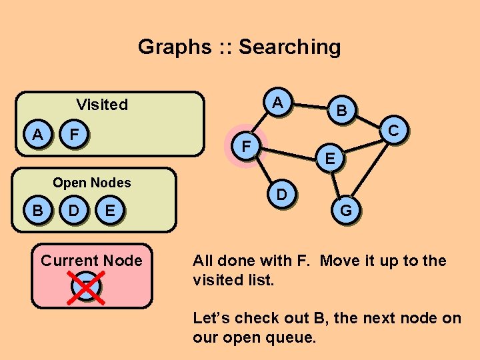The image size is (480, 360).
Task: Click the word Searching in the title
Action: tap(289, 47)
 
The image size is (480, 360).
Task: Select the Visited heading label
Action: tap(102, 104)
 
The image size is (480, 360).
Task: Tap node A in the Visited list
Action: tap(38, 135)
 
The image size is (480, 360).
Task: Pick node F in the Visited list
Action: tap(75, 135)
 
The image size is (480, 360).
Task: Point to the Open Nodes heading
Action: tap(92, 183)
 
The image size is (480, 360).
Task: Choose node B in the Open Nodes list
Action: tap(38, 211)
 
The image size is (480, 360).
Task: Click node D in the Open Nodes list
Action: tap(75, 211)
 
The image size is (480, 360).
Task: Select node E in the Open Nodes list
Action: tap(111, 211)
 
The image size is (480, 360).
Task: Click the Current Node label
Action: tap(92, 261)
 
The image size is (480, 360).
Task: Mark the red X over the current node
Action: tap(87, 286)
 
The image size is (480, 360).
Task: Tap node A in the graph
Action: tap(279, 103)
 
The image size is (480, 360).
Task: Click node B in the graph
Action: tap(341, 111)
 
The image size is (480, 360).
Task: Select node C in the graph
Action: tap(394, 131)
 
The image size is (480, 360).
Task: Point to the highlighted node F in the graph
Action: tap(247, 145)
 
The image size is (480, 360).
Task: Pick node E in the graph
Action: tap(330, 159)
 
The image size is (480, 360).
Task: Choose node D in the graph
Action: tap(282, 195)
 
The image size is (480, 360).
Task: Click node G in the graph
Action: tap(346, 211)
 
